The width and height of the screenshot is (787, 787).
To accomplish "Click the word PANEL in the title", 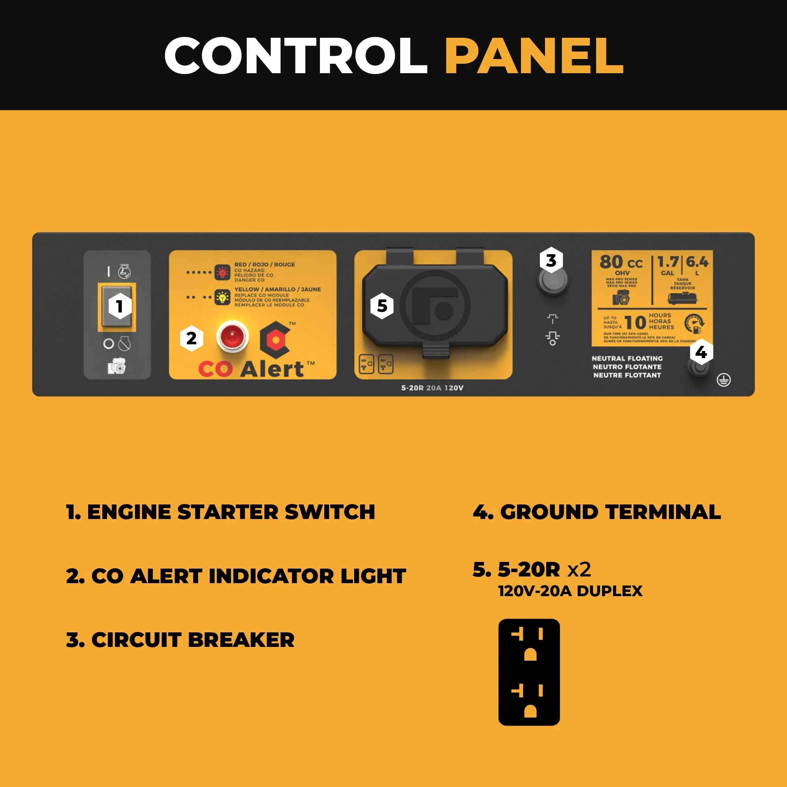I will [x=534, y=56].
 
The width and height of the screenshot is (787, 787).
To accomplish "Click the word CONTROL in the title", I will [x=296, y=56].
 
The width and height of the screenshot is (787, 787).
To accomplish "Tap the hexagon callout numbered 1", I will [x=119, y=306].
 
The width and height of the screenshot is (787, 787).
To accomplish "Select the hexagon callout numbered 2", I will [x=192, y=338].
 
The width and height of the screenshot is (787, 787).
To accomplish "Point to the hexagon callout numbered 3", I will [x=551, y=260].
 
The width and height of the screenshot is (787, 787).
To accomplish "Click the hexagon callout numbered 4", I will [x=701, y=352].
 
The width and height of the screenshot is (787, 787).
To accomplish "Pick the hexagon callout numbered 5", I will [x=382, y=305].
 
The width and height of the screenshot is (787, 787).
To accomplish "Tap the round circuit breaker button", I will [x=552, y=280].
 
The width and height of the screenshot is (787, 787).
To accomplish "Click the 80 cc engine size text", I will [x=621, y=262].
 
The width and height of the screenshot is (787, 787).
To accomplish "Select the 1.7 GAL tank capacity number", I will [x=668, y=262].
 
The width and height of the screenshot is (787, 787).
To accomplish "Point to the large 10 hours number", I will [x=635, y=322].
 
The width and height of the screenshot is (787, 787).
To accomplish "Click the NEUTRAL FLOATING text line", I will [x=627, y=358].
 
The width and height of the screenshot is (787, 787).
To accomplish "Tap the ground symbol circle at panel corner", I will [x=724, y=380].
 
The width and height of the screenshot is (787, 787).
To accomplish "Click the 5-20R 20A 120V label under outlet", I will [x=432, y=388].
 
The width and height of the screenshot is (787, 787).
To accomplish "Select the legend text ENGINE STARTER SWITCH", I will [x=231, y=512].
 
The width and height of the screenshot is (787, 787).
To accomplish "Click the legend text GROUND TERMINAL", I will [x=610, y=512].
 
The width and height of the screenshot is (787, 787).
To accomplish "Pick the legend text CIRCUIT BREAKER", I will [x=192, y=640].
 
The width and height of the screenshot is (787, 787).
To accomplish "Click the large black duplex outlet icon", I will [x=529, y=672].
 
